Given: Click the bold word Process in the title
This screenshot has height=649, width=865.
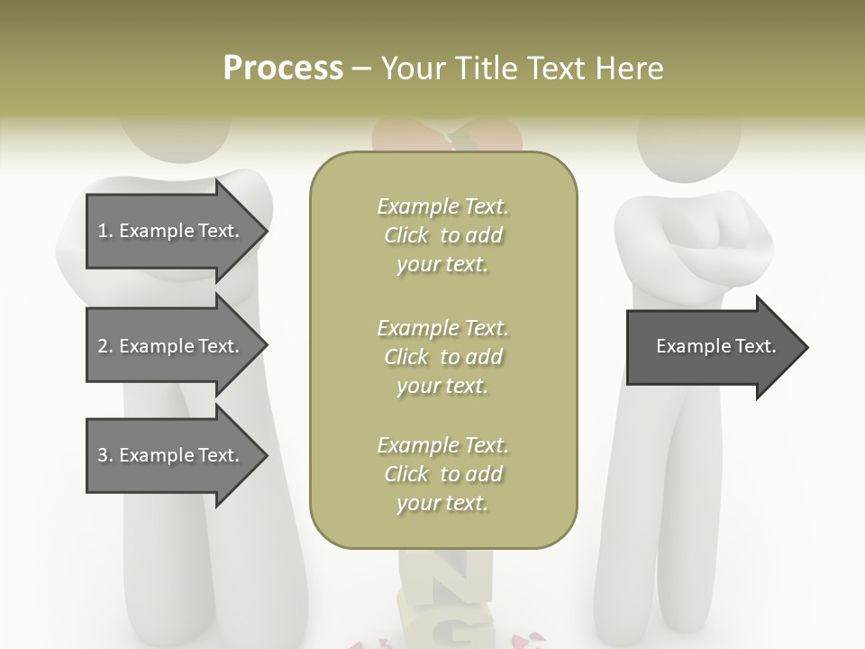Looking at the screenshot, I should (283, 69).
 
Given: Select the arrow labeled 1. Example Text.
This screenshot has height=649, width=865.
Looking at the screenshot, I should (171, 231).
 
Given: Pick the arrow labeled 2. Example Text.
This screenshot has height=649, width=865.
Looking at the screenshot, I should (171, 346).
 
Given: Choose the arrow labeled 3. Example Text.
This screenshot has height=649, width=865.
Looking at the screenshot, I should (171, 455).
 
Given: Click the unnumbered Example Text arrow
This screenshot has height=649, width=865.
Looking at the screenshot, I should (712, 347).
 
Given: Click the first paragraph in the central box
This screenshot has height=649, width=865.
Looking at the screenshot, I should (443, 235).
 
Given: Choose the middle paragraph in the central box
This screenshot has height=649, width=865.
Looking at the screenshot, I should (443, 357).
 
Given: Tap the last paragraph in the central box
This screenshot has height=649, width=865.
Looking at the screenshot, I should (443, 474).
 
